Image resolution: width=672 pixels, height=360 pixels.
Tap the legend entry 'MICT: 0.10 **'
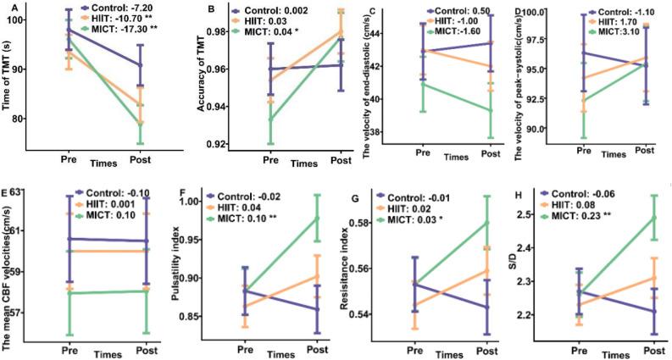coord(253,217)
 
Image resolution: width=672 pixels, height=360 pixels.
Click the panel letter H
coord(515,191)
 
